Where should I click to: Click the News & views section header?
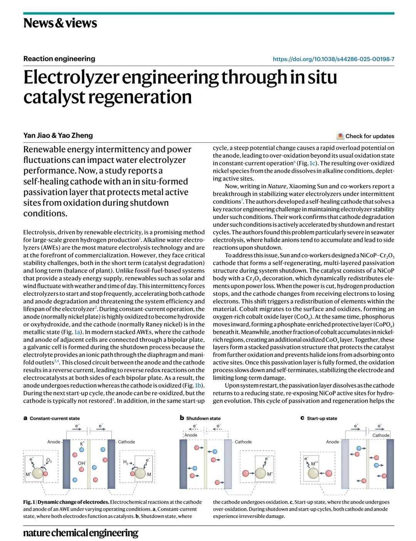(x=60, y=23)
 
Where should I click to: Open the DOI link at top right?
(x=333, y=59)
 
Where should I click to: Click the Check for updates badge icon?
(x=340, y=136)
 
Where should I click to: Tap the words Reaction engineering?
(x=59, y=59)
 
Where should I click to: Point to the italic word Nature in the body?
(x=277, y=186)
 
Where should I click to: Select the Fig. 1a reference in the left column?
(x=77, y=332)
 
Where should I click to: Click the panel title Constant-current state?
(x=55, y=418)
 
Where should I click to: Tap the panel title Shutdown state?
(x=203, y=418)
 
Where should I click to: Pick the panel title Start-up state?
(x=322, y=418)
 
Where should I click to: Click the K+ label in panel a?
(x=82, y=443)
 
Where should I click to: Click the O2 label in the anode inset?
(x=49, y=460)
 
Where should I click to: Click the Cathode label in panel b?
(x=243, y=442)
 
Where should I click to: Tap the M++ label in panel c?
(x=315, y=463)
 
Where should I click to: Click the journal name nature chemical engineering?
(x=81, y=533)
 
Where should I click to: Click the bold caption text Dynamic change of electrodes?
(x=74, y=502)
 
